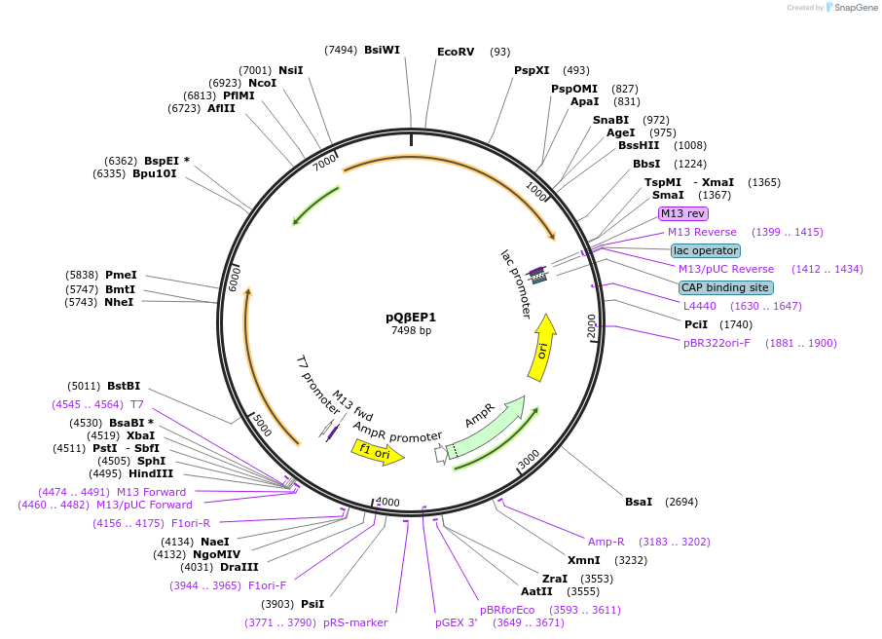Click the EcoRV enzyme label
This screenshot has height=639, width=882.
(x=455, y=52)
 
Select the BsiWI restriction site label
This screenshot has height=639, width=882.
(x=382, y=50)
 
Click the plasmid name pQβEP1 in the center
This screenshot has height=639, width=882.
(x=411, y=317)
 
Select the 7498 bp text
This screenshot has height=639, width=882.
(x=411, y=331)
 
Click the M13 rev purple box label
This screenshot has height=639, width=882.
(x=682, y=213)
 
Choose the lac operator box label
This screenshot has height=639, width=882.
(x=706, y=250)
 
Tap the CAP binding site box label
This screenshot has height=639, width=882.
(x=725, y=287)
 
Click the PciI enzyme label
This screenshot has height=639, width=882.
(x=696, y=324)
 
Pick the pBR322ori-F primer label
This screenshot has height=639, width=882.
(x=717, y=343)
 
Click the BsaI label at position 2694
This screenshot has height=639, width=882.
(x=639, y=502)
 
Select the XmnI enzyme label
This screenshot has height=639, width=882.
(x=584, y=560)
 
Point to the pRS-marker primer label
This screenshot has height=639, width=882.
(x=355, y=622)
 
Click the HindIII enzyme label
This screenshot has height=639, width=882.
(x=151, y=473)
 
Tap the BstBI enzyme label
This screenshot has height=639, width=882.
(x=124, y=386)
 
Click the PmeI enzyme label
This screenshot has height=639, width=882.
(x=121, y=276)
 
